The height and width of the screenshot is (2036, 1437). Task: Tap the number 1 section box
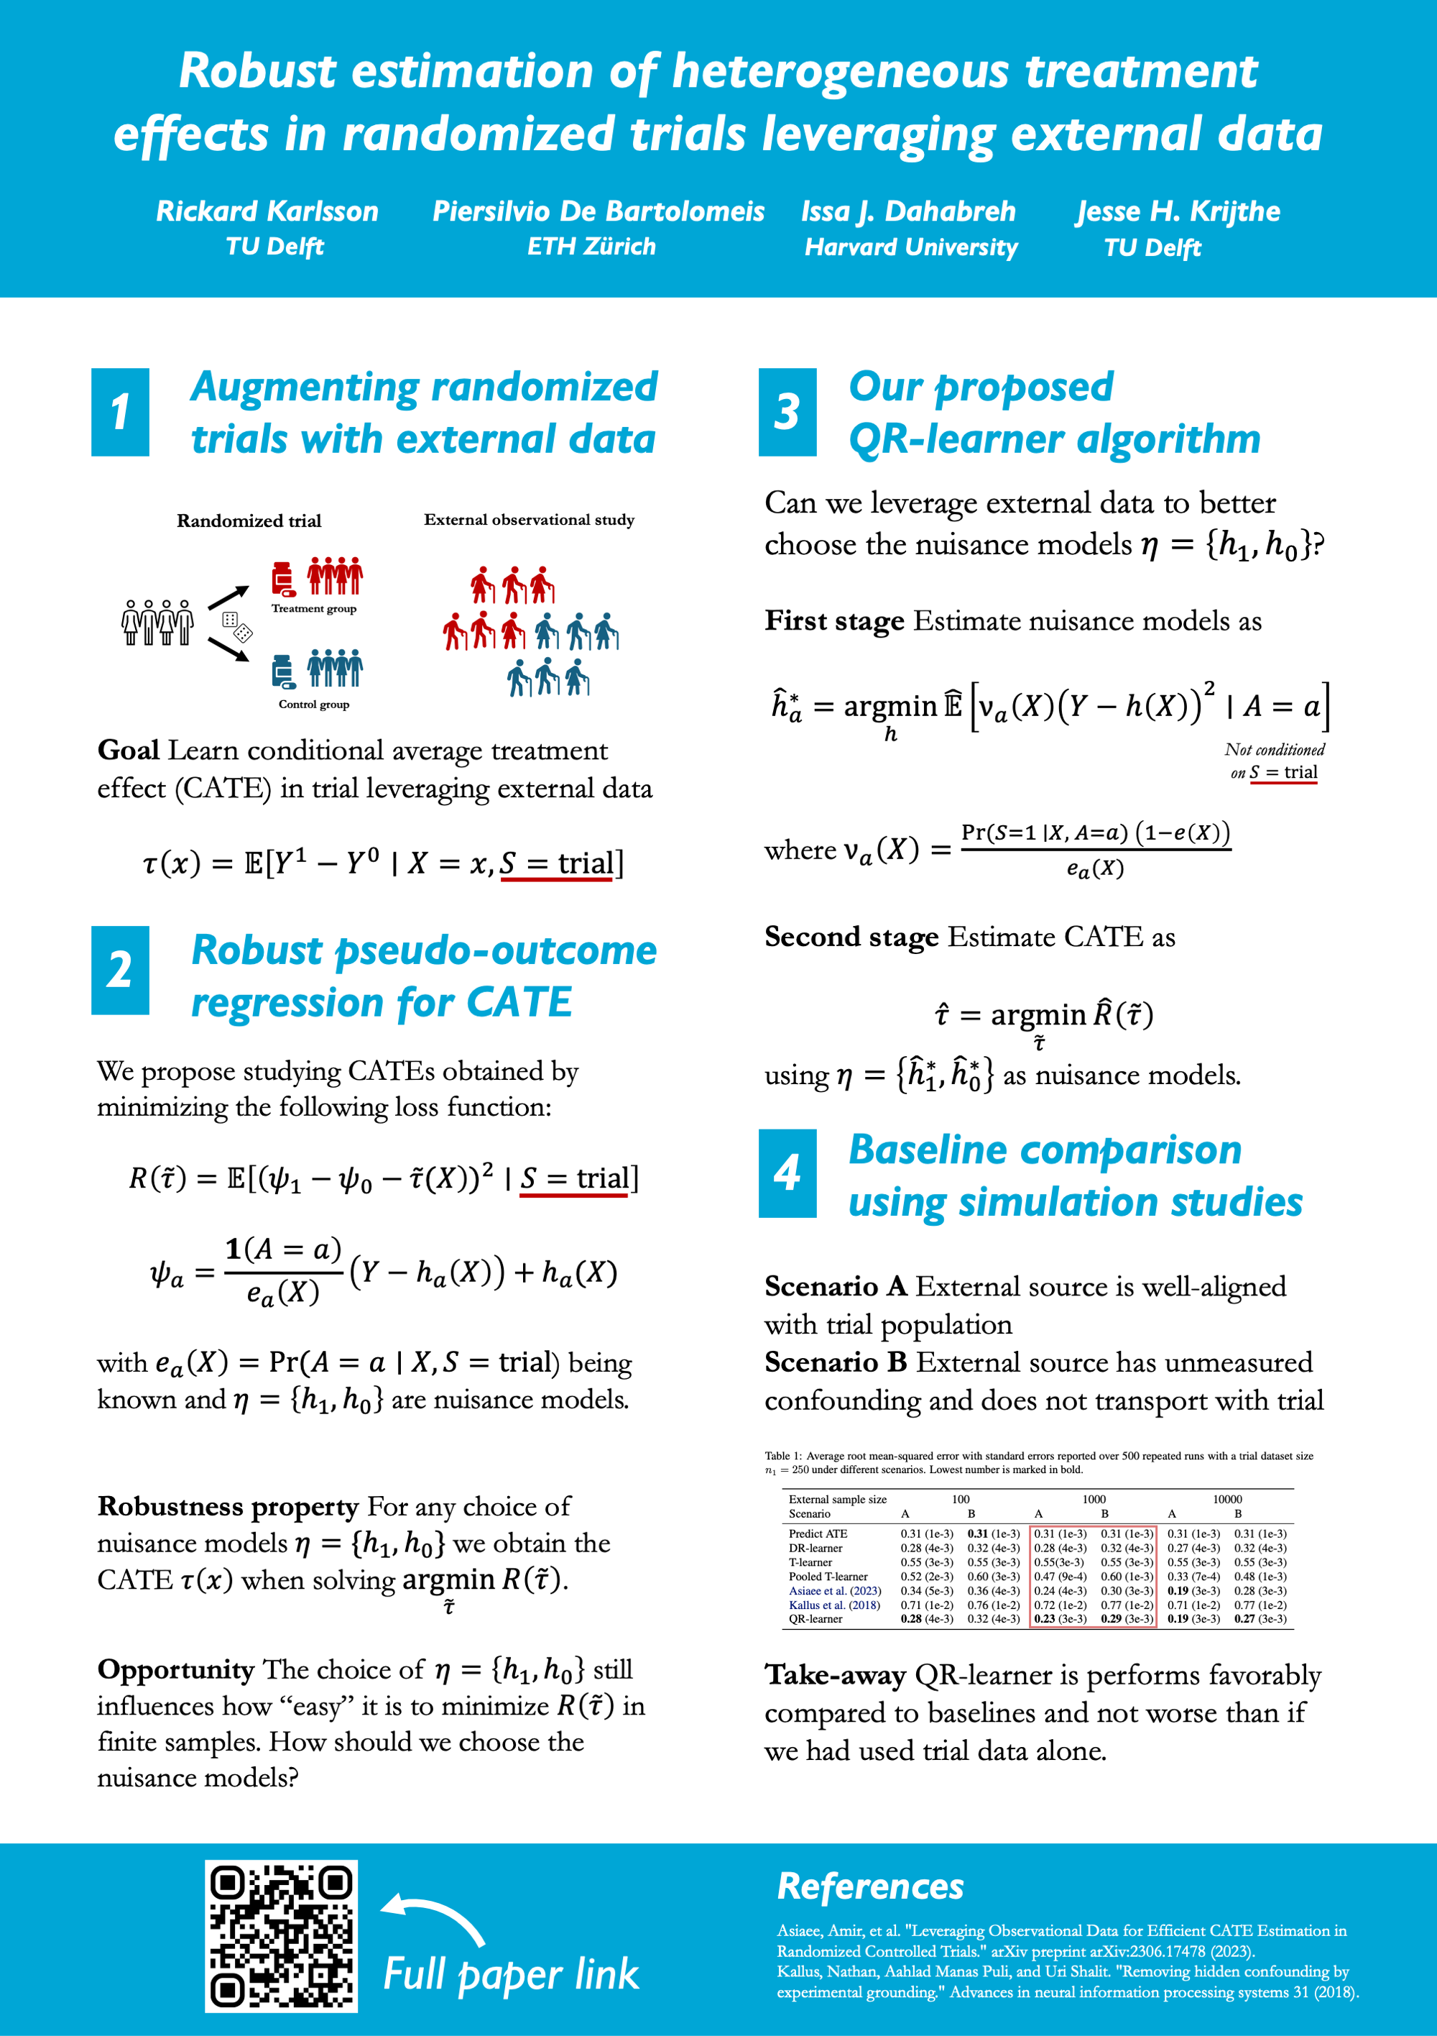tap(120, 413)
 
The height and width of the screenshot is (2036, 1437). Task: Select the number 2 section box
tap(120, 970)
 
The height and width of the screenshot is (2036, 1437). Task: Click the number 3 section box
tap(787, 413)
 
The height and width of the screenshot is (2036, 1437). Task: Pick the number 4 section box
tap(787, 1173)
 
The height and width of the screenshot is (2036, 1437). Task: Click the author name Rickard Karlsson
tap(267, 211)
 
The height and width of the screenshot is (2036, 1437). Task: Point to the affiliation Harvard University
tap(910, 247)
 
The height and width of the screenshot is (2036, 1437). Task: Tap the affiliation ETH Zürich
tap(591, 247)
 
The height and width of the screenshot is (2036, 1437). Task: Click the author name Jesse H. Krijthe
tap(1178, 211)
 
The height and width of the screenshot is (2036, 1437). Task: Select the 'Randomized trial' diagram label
tap(249, 521)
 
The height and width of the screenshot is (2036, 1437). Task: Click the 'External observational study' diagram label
tap(530, 520)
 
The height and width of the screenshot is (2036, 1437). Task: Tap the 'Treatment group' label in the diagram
tap(314, 608)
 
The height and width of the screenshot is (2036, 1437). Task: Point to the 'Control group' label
tap(314, 704)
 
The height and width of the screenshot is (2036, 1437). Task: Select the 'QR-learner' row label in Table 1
tap(815, 1618)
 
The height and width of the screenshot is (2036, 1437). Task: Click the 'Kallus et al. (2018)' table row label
tap(834, 1604)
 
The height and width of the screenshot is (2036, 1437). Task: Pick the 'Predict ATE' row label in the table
tap(818, 1533)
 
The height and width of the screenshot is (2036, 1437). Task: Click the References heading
tap(869, 1886)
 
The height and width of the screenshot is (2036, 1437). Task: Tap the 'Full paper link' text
tap(511, 1975)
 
